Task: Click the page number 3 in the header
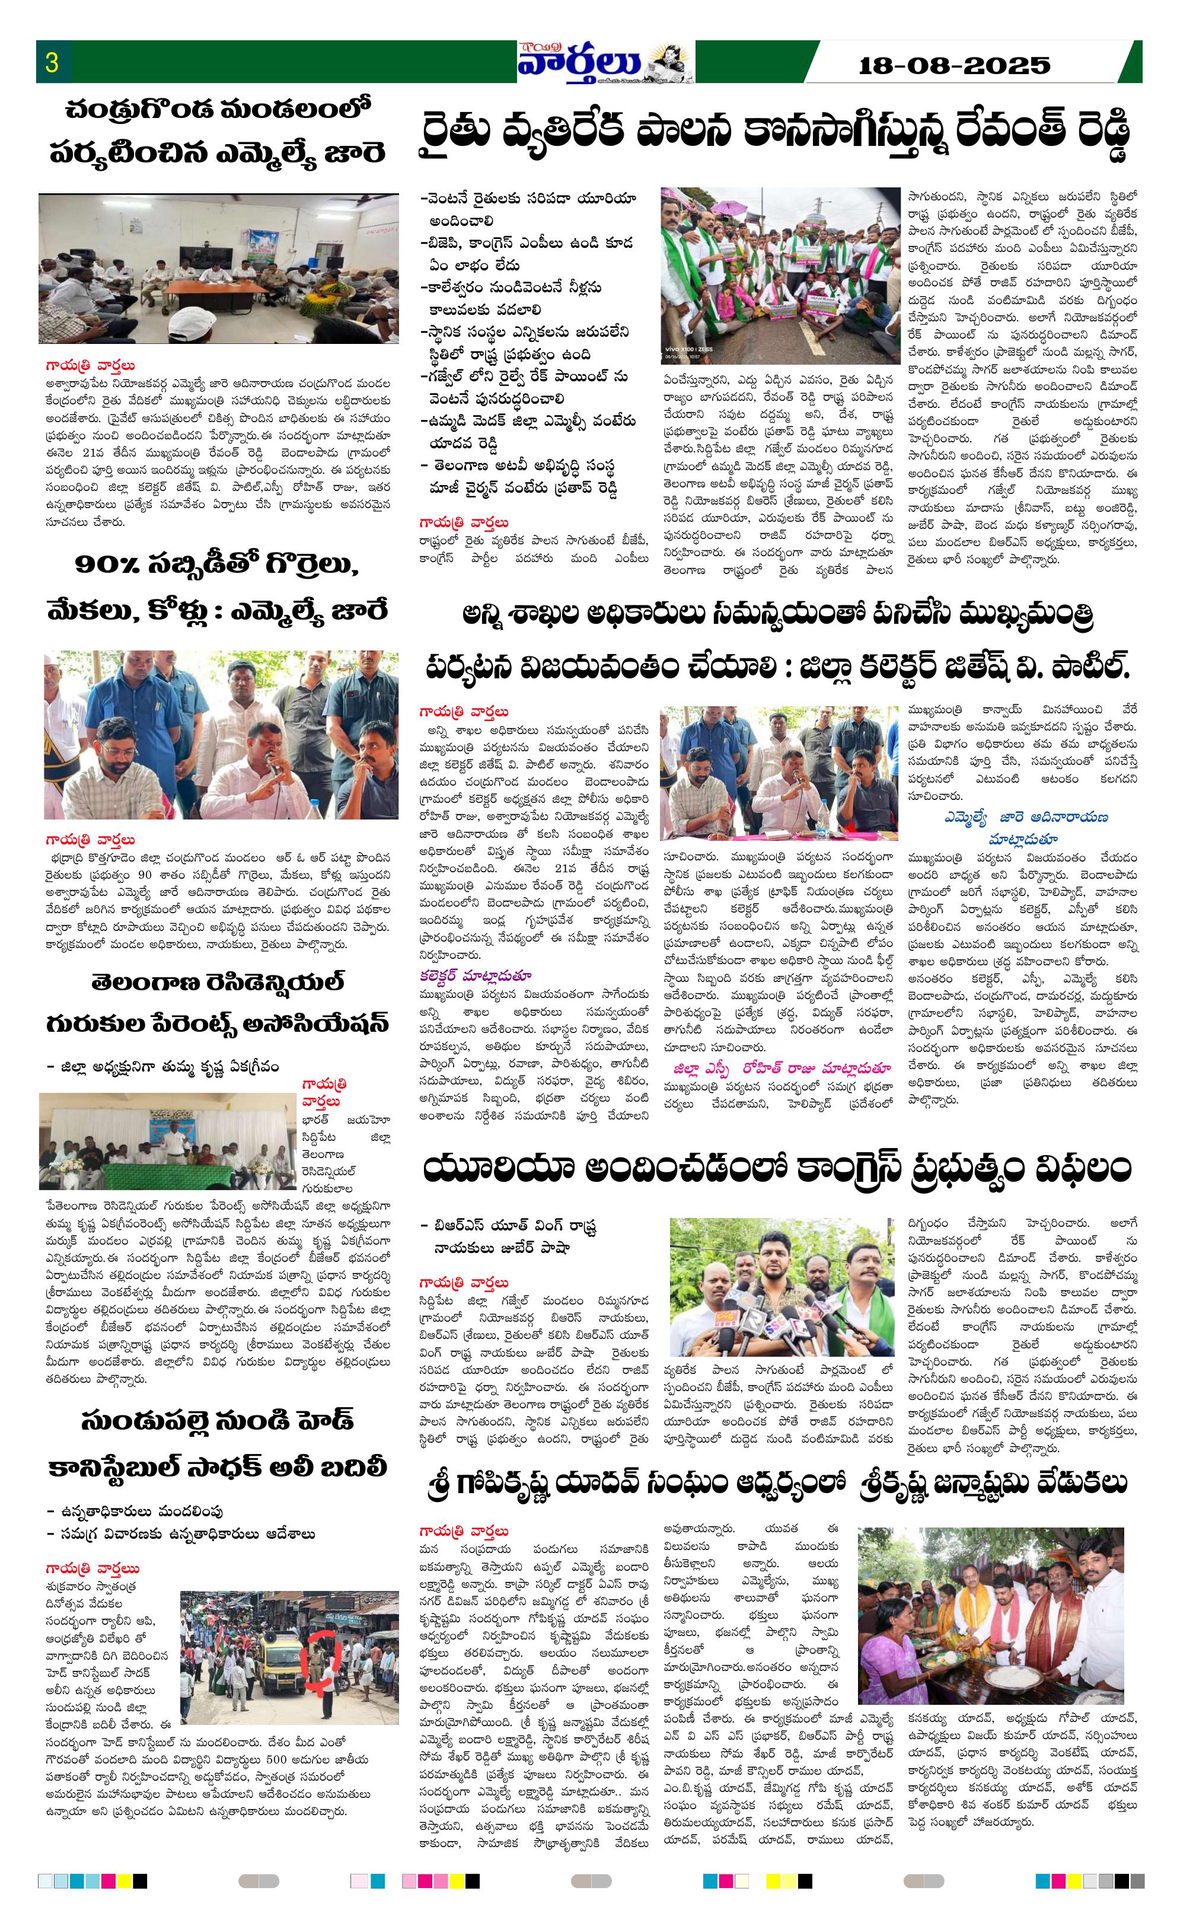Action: pyautogui.click(x=52, y=62)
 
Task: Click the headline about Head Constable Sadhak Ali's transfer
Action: pyautogui.click(x=217, y=1443)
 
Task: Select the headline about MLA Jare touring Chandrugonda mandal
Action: pyautogui.click(x=217, y=130)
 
